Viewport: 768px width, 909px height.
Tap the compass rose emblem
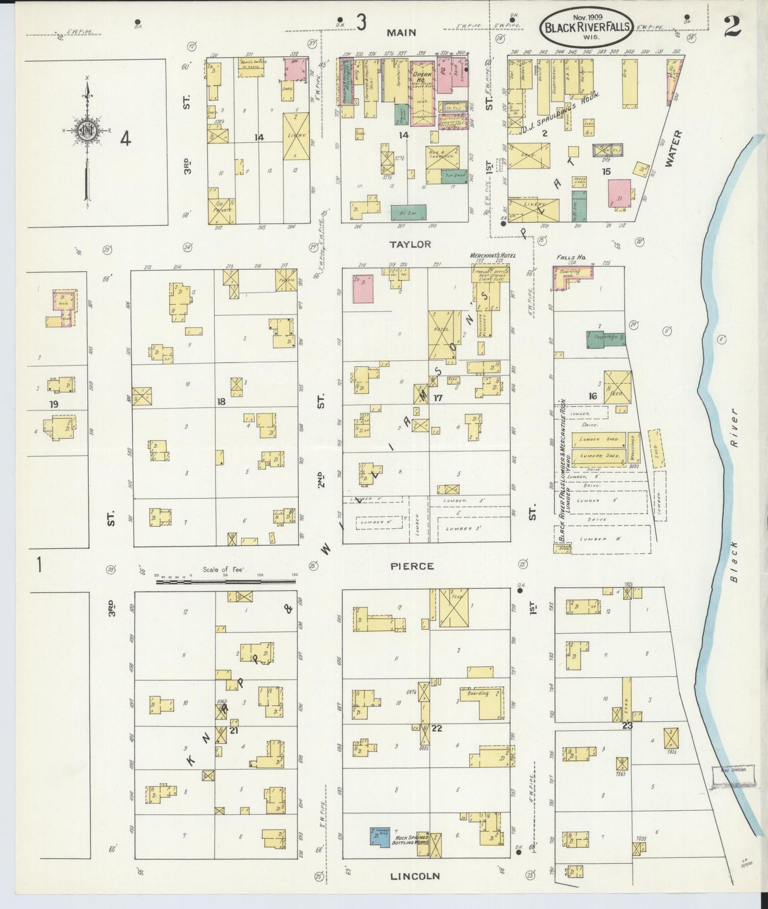(x=86, y=132)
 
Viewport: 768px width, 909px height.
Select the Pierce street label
(x=412, y=567)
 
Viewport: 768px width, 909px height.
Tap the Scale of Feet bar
(x=226, y=582)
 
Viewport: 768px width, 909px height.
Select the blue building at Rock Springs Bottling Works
(x=380, y=836)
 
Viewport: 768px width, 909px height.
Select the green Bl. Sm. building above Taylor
(x=408, y=213)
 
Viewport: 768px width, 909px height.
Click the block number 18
(x=221, y=402)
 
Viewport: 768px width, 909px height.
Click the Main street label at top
(x=401, y=33)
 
